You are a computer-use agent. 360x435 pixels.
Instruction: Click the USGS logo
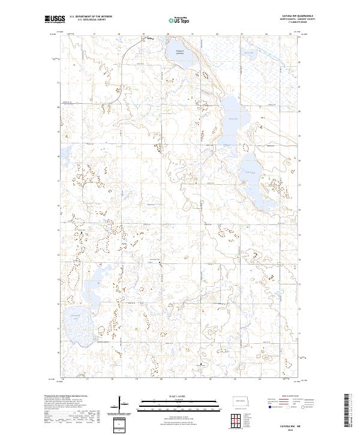[x=54, y=20]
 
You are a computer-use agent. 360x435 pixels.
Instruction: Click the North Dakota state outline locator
[x=241, y=401]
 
